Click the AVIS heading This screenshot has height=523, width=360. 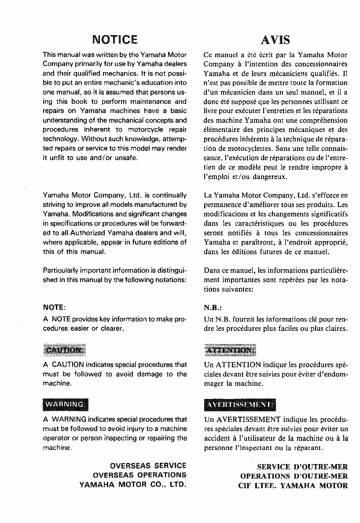coord(276,40)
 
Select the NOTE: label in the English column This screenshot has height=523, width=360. coord(54,307)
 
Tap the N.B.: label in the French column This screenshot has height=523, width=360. coord(213,308)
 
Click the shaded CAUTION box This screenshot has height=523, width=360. coord(64,350)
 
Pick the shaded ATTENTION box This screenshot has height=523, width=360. coord(230,350)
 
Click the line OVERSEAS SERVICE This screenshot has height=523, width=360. coord(148,465)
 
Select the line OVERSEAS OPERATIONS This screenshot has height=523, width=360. coord(140,475)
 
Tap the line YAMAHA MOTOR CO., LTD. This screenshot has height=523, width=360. coord(132,485)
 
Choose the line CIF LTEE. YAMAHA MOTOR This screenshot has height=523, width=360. coord(294,486)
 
